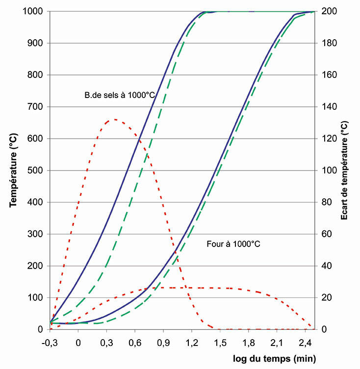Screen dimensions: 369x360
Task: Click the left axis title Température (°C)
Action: point(14,170)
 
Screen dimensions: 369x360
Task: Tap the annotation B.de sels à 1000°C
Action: point(120,96)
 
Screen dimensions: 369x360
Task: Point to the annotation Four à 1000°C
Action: point(232,243)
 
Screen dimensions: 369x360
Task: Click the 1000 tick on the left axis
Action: point(34,11)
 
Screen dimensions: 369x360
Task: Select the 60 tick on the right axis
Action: point(325,234)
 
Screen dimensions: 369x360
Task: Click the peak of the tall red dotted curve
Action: point(114,119)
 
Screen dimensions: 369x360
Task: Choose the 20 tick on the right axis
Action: point(325,298)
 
